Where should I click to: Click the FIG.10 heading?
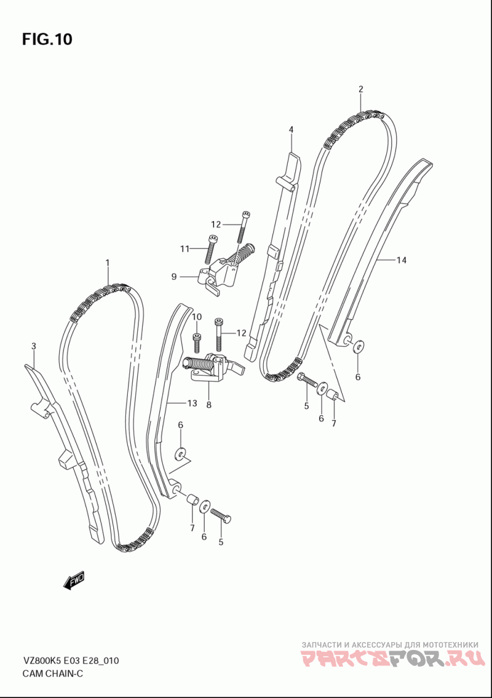click(x=47, y=40)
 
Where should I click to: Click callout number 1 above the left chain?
click(x=107, y=263)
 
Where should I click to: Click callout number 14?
click(x=401, y=261)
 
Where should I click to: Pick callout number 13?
click(x=192, y=403)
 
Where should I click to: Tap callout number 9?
click(x=174, y=277)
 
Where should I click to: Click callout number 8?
click(x=208, y=405)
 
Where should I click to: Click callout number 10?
click(x=196, y=317)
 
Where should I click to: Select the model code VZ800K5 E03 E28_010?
click(x=70, y=661)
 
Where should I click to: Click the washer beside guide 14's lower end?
click(x=358, y=347)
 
